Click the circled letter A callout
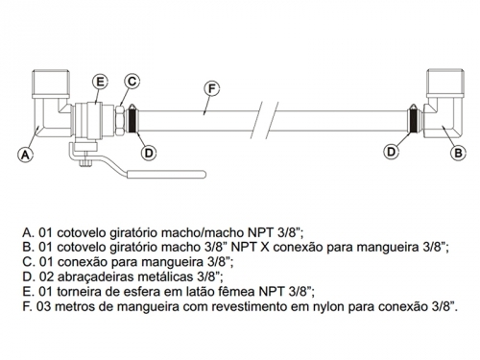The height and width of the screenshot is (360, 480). pyautogui.click(x=25, y=156)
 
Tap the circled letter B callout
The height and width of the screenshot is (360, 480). pyautogui.click(x=458, y=153)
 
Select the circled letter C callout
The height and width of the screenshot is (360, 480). pyautogui.click(x=132, y=82)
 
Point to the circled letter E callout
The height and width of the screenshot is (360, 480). pyautogui.click(x=100, y=82)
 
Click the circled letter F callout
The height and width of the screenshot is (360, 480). pyautogui.click(x=211, y=88)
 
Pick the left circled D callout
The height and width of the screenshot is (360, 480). pyautogui.click(x=149, y=153)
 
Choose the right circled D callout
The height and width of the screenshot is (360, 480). pyautogui.click(x=392, y=152)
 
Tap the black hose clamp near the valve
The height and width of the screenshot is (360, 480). pyautogui.click(x=132, y=120)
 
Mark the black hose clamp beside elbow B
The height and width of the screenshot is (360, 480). pyautogui.click(x=414, y=120)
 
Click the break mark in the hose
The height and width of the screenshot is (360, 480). pyautogui.click(x=268, y=120)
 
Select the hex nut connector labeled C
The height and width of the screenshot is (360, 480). pyautogui.click(x=120, y=120)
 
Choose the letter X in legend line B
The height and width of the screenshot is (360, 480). pyautogui.click(x=266, y=248)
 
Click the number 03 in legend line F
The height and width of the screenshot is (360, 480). pyautogui.click(x=44, y=306)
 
